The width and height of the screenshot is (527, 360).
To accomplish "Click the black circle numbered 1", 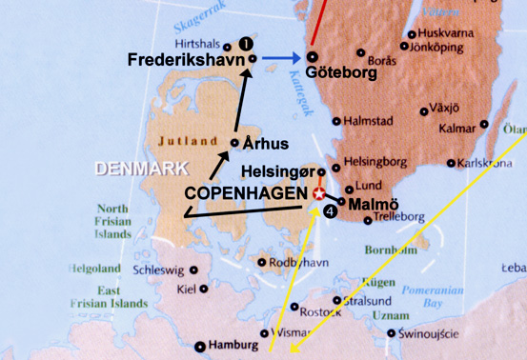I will [245, 44].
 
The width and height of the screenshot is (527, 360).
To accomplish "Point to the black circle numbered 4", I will [330, 211].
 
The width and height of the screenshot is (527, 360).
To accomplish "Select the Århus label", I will [265, 144].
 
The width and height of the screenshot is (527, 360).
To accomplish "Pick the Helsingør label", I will [276, 172].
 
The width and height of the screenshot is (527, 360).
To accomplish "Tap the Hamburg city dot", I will [200, 346].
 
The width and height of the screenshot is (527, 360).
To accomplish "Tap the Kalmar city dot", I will [484, 125].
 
